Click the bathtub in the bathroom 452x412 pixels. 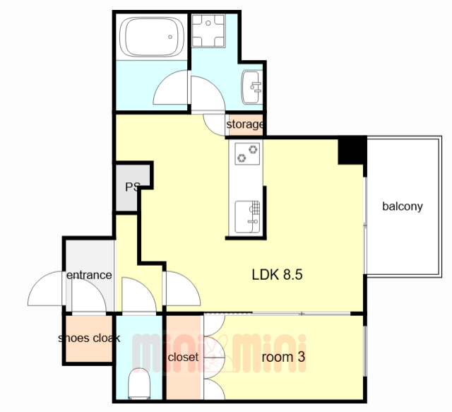[152, 37]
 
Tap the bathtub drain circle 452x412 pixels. [170, 37]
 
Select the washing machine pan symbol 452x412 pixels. [208, 30]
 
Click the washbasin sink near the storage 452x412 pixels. [252, 87]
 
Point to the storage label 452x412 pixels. [244, 124]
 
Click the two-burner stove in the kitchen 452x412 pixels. [247, 154]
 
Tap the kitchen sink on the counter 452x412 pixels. [247, 217]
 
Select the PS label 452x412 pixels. [133, 187]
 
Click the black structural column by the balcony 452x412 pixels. [352, 150]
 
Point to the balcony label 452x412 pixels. [403, 206]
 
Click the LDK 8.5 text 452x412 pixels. [278, 274]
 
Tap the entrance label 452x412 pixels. [89, 275]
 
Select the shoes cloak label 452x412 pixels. [89, 338]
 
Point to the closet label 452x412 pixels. [183, 357]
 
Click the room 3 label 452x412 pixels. [283, 357]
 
